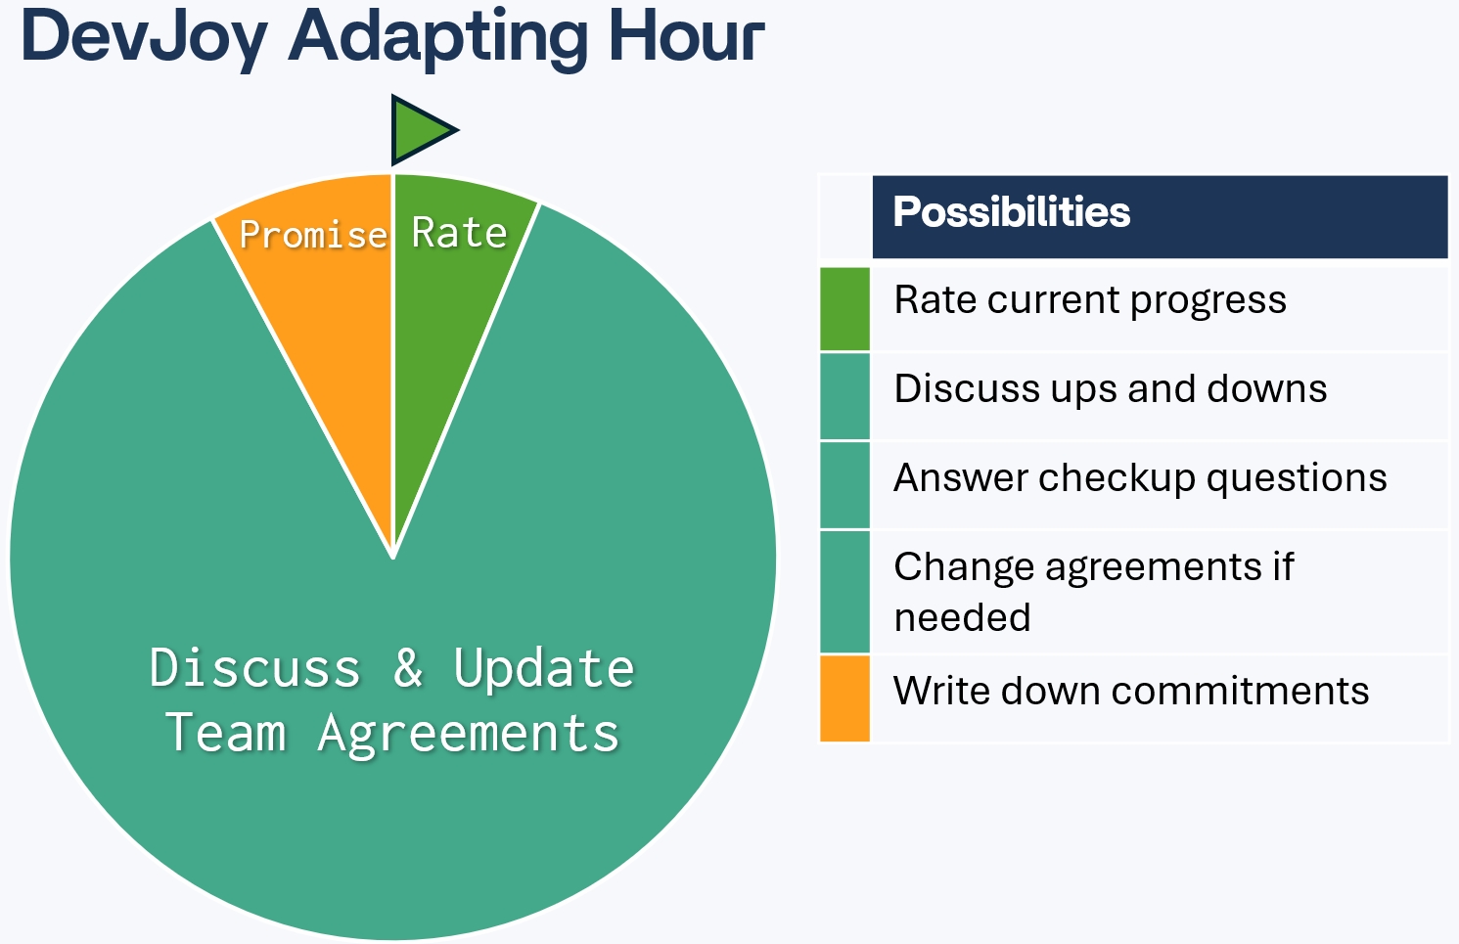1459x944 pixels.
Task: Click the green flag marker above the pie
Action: coord(420,130)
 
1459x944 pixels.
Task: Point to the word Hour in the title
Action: coord(687,36)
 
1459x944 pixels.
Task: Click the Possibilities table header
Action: coord(1160,217)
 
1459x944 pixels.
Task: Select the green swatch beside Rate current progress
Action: coord(844,308)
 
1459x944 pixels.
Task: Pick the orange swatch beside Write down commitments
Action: coord(844,697)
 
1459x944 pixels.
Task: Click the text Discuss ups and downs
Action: coord(1111,388)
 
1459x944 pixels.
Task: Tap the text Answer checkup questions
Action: coord(1141,478)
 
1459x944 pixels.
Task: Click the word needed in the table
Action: coord(963,617)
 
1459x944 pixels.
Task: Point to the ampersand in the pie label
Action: coord(408,667)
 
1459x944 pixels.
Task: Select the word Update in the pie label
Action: coord(544,668)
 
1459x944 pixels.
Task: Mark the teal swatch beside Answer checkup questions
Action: coord(844,485)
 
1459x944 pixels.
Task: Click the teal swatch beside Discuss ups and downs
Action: coord(844,396)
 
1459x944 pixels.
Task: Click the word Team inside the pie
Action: coord(225,732)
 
